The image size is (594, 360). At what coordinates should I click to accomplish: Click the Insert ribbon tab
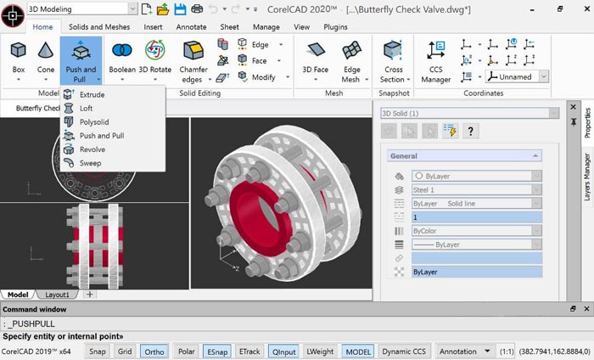click(x=153, y=26)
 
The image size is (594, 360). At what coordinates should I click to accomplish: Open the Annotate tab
click(x=192, y=26)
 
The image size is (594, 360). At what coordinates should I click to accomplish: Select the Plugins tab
click(x=336, y=26)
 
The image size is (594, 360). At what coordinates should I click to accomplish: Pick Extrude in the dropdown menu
click(x=92, y=95)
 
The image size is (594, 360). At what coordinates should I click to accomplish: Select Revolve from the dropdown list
click(x=92, y=149)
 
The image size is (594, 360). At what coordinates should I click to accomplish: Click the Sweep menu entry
click(x=90, y=163)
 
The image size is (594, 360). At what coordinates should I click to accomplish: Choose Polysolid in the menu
click(x=94, y=122)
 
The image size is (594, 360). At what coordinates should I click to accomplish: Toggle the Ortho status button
click(x=154, y=351)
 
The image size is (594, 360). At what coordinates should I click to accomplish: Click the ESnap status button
click(x=215, y=351)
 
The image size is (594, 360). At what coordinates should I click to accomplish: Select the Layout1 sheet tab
click(x=56, y=295)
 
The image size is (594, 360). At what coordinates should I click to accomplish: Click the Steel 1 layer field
click(x=475, y=189)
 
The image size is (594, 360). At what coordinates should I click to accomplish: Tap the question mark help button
click(x=469, y=130)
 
